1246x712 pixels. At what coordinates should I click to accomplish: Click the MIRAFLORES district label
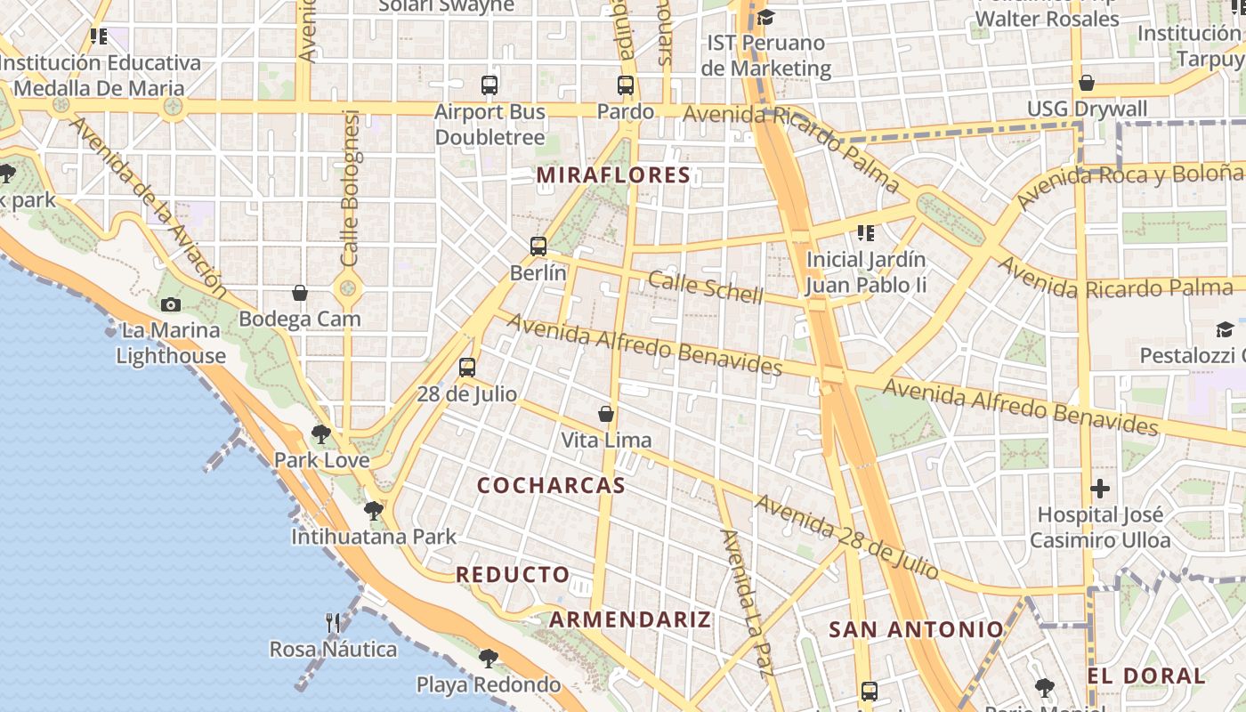[614, 175]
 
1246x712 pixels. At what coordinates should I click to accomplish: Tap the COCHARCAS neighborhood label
[551, 485]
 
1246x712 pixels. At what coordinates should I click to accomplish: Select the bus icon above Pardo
[626, 85]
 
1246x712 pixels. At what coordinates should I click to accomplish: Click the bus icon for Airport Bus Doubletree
[489, 85]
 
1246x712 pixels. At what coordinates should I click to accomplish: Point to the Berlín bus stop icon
[538, 247]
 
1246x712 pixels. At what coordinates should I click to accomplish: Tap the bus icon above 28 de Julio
[467, 367]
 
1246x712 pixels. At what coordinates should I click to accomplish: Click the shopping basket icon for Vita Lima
[606, 414]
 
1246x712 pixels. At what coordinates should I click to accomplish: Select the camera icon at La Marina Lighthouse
[171, 304]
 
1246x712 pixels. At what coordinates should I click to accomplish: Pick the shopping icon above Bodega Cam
[300, 293]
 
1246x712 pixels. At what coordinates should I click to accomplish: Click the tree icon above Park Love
[321, 434]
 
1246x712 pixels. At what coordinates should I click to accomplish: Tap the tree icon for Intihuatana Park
[374, 511]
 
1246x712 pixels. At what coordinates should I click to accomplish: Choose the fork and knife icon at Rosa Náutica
[333, 623]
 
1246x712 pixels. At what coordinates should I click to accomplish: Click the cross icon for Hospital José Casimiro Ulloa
[1100, 489]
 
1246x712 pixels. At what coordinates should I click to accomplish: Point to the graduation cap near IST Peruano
[765, 17]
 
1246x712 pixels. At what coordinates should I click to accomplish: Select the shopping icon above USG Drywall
[1086, 84]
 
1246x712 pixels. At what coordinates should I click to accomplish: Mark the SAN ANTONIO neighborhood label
[917, 630]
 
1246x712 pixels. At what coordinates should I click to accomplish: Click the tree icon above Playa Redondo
[488, 659]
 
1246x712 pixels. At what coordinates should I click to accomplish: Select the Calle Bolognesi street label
[350, 187]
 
